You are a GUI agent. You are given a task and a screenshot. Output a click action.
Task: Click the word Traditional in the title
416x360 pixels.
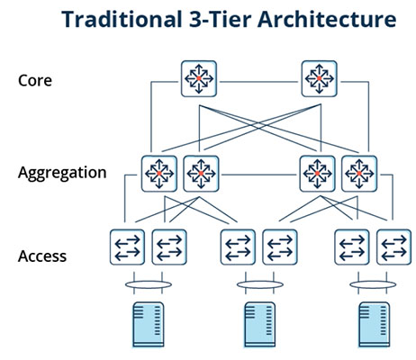coord(122,20)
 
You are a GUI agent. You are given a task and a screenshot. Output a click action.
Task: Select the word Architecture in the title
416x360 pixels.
coord(327,20)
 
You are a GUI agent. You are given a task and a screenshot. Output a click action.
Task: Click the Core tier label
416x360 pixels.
coord(35,80)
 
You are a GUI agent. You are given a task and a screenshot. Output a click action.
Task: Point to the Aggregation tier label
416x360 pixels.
coord(62,173)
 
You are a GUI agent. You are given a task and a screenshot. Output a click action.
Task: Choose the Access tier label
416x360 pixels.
coord(42,256)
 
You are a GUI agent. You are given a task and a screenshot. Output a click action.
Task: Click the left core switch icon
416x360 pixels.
coord(199,78)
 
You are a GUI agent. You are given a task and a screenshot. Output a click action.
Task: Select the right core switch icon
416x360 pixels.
coord(319,78)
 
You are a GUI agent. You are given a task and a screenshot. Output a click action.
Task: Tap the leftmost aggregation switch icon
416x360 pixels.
coord(159,174)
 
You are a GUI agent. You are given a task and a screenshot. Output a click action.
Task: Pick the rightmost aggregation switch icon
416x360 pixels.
coord(359,174)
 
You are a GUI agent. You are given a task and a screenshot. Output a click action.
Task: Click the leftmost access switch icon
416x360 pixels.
coord(127,247)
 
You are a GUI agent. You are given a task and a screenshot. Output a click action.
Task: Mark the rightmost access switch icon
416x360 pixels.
coord(393,247)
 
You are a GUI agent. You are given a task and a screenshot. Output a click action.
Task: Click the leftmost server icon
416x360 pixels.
coord(149,325)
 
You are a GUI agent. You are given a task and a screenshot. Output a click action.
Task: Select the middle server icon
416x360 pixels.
coord(260,325)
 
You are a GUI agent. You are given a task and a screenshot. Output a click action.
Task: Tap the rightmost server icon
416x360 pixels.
coord(375,325)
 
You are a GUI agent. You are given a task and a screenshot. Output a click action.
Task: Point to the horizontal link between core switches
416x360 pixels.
coord(258,82)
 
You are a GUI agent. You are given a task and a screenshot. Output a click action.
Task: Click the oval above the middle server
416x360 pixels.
coord(260,284)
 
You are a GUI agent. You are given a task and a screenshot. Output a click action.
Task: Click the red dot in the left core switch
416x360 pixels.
coord(199,78)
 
